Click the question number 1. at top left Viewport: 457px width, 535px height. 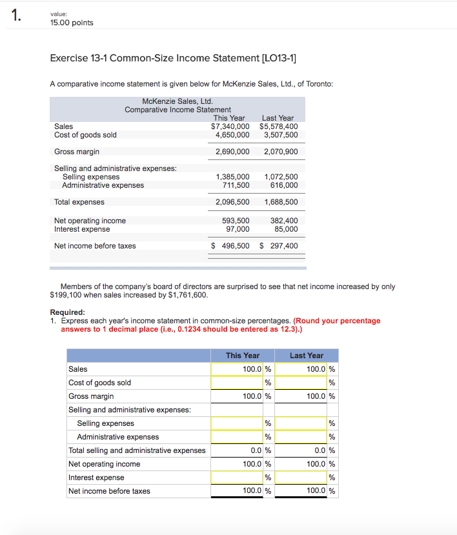(16, 17)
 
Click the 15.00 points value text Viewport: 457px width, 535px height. (71, 23)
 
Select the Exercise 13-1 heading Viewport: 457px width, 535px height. (173, 59)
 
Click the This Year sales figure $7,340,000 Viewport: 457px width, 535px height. (230, 126)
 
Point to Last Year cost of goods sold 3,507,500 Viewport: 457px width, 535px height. (281, 135)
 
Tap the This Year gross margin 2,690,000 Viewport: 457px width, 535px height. (232, 152)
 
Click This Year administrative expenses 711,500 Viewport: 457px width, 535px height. (236, 185)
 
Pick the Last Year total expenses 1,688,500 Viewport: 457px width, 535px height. (281, 202)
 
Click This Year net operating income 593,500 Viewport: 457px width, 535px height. (236, 221)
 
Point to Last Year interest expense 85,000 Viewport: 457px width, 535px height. (286, 229)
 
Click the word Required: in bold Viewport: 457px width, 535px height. (67, 312)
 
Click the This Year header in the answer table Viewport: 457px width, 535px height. (243, 356)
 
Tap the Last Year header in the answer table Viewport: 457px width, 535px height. (307, 356)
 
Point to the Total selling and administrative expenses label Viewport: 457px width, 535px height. (137, 450)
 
